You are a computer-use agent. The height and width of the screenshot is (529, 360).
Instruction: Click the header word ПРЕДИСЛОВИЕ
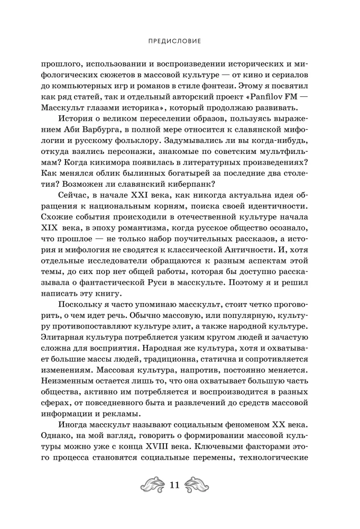[x=180, y=40]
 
